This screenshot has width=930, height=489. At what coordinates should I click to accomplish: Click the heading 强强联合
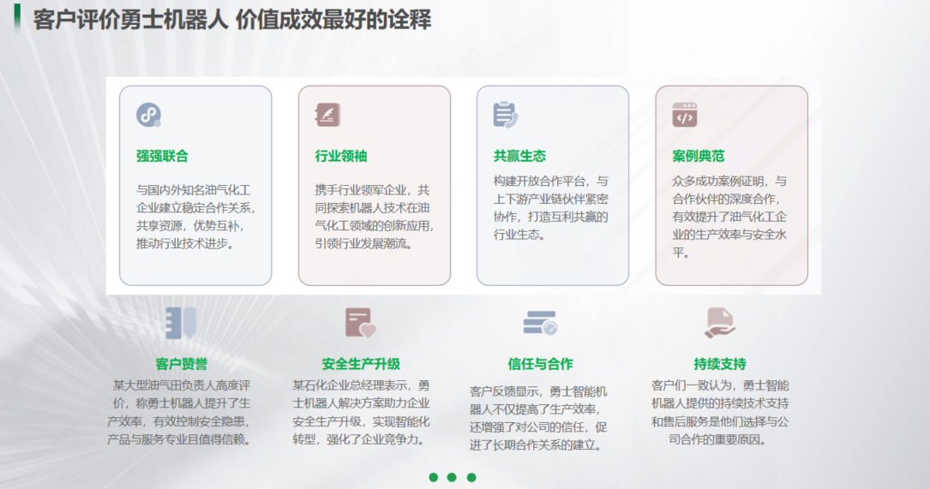point(162,156)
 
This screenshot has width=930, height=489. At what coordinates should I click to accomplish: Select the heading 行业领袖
point(341,156)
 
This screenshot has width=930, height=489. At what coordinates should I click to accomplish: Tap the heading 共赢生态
point(519,156)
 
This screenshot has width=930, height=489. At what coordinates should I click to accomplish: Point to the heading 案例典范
point(699,156)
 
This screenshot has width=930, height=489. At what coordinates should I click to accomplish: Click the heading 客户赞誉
point(182,364)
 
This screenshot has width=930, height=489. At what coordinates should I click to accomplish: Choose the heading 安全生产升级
point(361,364)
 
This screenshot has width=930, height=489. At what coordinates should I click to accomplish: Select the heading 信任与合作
point(540,364)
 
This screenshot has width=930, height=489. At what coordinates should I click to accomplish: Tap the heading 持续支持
point(720,364)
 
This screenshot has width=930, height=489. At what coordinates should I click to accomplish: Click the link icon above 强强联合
point(149,115)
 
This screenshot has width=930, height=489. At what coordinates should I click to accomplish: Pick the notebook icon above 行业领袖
point(327,115)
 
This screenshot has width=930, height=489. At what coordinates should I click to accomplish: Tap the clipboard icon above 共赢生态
point(506,115)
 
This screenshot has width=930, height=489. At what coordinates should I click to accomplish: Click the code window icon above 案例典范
point(684,115)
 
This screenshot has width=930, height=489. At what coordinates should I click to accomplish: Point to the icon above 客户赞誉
point(181,323)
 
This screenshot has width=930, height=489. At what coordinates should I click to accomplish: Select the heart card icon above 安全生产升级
point(360,323)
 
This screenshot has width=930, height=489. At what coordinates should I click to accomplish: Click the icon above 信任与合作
point(540,323)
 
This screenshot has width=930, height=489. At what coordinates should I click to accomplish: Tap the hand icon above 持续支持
point(720,323)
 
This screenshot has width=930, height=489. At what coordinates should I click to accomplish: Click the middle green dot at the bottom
point(452,477)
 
